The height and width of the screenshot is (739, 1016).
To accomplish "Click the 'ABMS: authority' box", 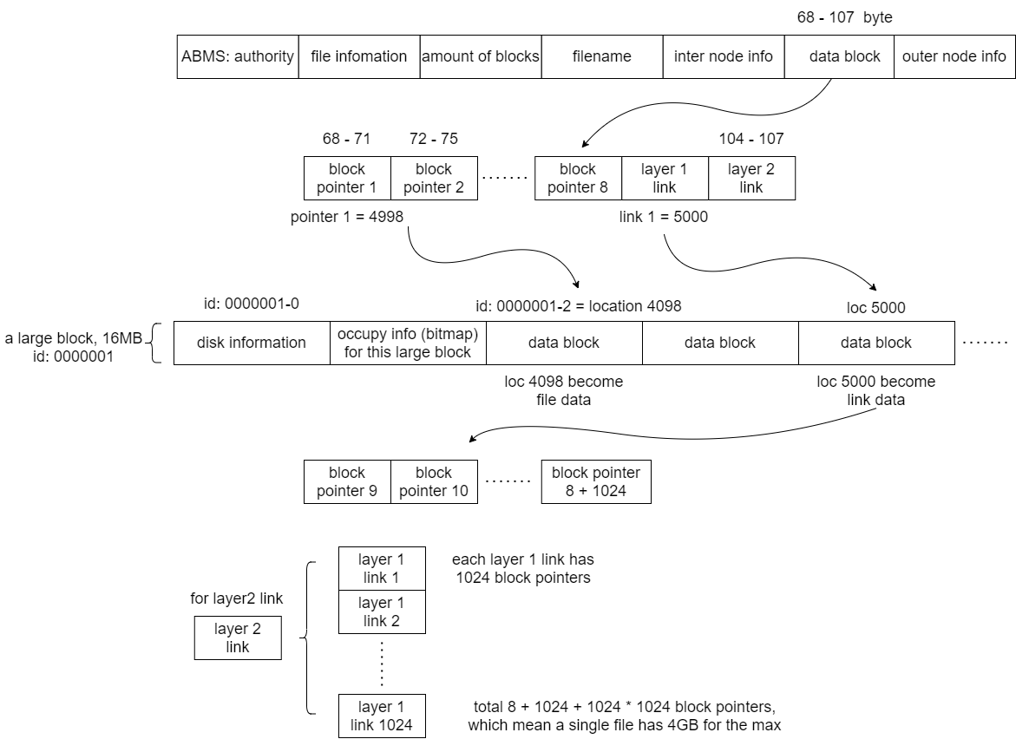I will pos(238,56).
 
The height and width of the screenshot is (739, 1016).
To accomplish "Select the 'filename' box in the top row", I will pos(601,56).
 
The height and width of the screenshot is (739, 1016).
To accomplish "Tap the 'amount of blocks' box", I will pos(480,56).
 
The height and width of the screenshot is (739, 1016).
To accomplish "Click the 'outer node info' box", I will pos(954,56).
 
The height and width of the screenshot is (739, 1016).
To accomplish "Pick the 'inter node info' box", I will pos(723,56).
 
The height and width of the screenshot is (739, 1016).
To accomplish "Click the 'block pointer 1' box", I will pos(347,178).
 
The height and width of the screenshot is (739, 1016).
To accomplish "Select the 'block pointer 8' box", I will pos(578,178).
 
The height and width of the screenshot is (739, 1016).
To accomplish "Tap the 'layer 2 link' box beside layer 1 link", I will pos(751,178).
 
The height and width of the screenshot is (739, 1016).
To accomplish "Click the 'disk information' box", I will pos(252,343).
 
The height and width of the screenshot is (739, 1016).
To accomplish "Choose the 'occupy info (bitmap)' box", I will pos(408,343).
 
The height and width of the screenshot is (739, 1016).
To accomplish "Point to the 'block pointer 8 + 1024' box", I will pos(595,481).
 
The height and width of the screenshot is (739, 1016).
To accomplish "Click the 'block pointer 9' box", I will pos(347,481).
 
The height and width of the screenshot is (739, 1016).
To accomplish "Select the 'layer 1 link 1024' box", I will pos(381,716).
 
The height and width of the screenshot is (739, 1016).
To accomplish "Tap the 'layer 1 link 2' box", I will pos(381,611).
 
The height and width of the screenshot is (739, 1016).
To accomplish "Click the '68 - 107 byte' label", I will pos(844,16).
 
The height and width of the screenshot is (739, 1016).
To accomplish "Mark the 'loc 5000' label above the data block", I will pos(875,306).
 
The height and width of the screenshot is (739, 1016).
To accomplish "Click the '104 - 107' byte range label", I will pos(751,139).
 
